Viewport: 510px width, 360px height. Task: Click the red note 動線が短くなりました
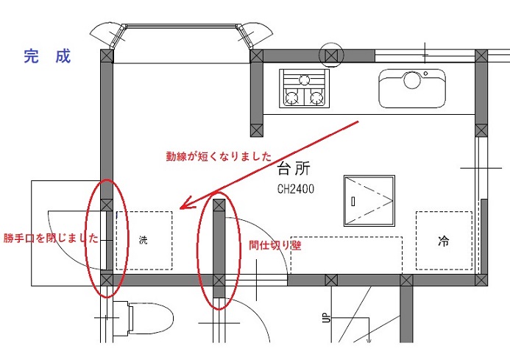219,157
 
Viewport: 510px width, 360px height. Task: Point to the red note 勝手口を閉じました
50,238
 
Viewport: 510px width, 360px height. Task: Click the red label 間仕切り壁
275,246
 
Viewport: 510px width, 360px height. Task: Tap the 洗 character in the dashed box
143,241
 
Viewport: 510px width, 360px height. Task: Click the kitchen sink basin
412,89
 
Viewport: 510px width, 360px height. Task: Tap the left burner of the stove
292,96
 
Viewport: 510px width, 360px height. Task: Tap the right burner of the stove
317,96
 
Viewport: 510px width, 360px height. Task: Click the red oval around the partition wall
219,250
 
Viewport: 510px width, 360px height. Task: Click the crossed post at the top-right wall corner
481,55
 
